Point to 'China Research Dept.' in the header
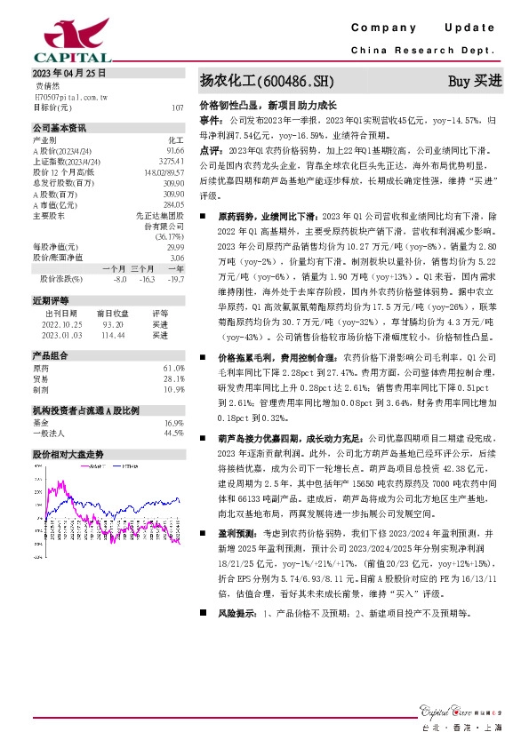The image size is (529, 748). point(423,52)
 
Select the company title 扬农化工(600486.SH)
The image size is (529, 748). point(266,82)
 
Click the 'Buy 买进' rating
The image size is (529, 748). point(475,82)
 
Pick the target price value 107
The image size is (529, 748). point(178,107)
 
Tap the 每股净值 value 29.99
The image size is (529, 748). point(175,247)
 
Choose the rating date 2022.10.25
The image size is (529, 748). point(61,324)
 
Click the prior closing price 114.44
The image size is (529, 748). point(111,335)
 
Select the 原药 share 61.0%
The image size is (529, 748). point(173,368)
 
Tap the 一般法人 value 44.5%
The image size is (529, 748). point(173,433)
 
